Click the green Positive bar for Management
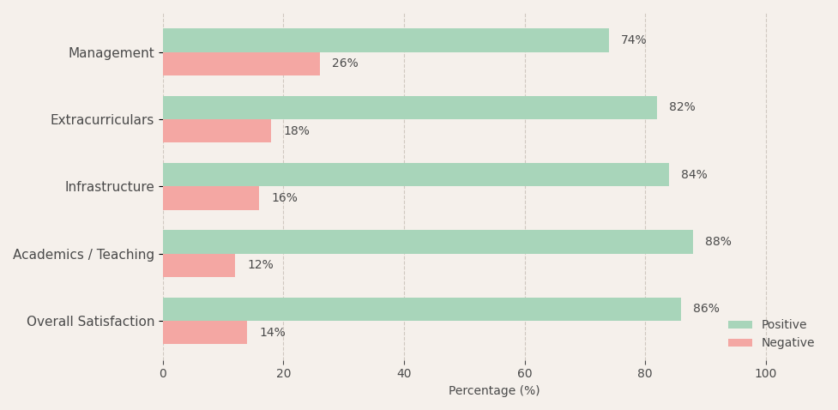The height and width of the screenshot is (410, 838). tap(386, 40)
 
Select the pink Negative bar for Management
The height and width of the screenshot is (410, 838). tap(242, 64)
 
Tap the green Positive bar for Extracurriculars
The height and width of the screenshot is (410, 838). tap(410, 107)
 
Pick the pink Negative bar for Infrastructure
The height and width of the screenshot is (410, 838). tap(211, 198)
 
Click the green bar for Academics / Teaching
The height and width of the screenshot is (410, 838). tap(428, 242)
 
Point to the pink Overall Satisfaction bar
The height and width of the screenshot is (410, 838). tap(205, 333)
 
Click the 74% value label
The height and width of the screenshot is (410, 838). tap(633, 40)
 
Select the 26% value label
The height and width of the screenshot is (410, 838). tap(345, 63)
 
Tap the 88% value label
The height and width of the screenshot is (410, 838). tap(718, 242)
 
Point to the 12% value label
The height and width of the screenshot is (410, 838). tap(260, 265)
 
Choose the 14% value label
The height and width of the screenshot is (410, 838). tap(273, 333)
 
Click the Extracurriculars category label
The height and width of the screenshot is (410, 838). tap(102, 120)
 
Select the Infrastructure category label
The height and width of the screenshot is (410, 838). tap(110, 187)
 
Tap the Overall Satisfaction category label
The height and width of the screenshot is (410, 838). tap(90, 322)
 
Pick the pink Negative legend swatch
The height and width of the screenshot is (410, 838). tap(739, 342)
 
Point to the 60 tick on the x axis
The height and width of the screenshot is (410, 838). tap(525, 374)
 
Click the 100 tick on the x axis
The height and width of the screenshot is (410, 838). tap(766, 374)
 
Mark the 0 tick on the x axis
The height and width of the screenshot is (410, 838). tap(163, 374)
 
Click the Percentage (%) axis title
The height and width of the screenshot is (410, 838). tap(494, 391)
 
